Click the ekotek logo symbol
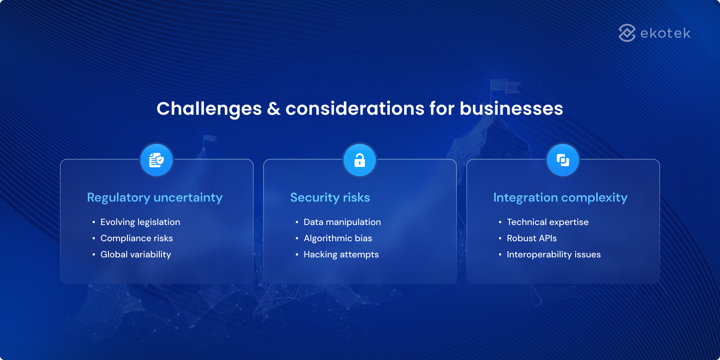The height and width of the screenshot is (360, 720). coord(627,33)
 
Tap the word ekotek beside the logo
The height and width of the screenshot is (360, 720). coord(665,33)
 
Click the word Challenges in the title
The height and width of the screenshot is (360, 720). coord(209,109)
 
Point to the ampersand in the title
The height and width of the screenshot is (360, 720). coord(274,109)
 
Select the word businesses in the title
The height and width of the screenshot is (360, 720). coord(511,109)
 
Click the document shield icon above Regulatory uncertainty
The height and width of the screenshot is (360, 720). coord(156,160)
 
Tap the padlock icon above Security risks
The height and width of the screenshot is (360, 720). coord(360,160)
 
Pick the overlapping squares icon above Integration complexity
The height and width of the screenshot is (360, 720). coord(562,160)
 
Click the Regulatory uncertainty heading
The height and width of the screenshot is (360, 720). coord(154,198)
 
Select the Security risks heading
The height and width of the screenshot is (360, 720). coord(330,198)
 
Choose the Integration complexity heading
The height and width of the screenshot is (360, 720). coord(560,198)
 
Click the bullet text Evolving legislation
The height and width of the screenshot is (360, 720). coord(140,222)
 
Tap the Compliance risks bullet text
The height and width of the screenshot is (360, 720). coord(136,238)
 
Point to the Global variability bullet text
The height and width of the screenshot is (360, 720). coord(135,254)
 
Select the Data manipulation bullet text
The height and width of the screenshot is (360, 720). coord(342,222)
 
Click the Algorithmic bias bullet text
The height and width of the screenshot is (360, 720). coord(337,238)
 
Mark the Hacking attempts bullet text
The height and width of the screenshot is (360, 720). coord(341,254)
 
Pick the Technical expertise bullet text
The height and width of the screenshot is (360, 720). coord(547,222)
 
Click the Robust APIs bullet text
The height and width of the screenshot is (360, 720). coord(531,238)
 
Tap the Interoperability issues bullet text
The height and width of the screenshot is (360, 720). coord(553,254)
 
